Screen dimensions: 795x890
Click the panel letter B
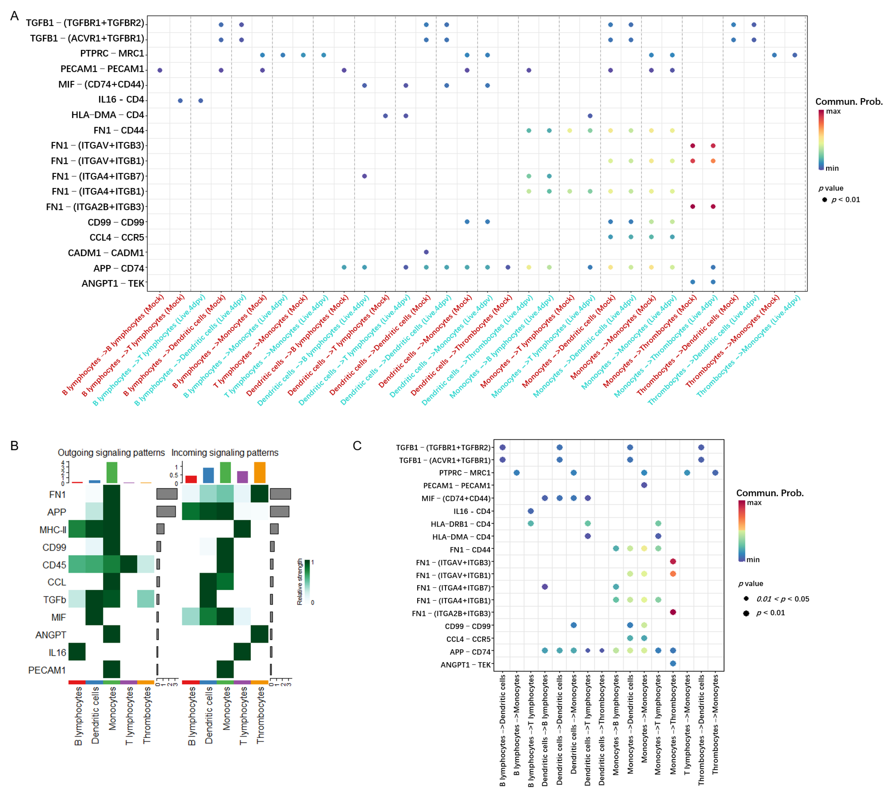(x=14, y=445)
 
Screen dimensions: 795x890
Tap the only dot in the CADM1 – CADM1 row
(x=426, y=252)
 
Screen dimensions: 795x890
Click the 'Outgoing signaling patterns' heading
(x=111, y=453)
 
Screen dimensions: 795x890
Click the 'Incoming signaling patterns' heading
(x=225, y=453)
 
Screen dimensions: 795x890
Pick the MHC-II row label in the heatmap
(x=53, y=530)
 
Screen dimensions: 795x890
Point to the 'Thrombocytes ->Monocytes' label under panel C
(x=715, y=725)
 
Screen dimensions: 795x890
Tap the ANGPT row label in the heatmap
(x=51, y=635)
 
